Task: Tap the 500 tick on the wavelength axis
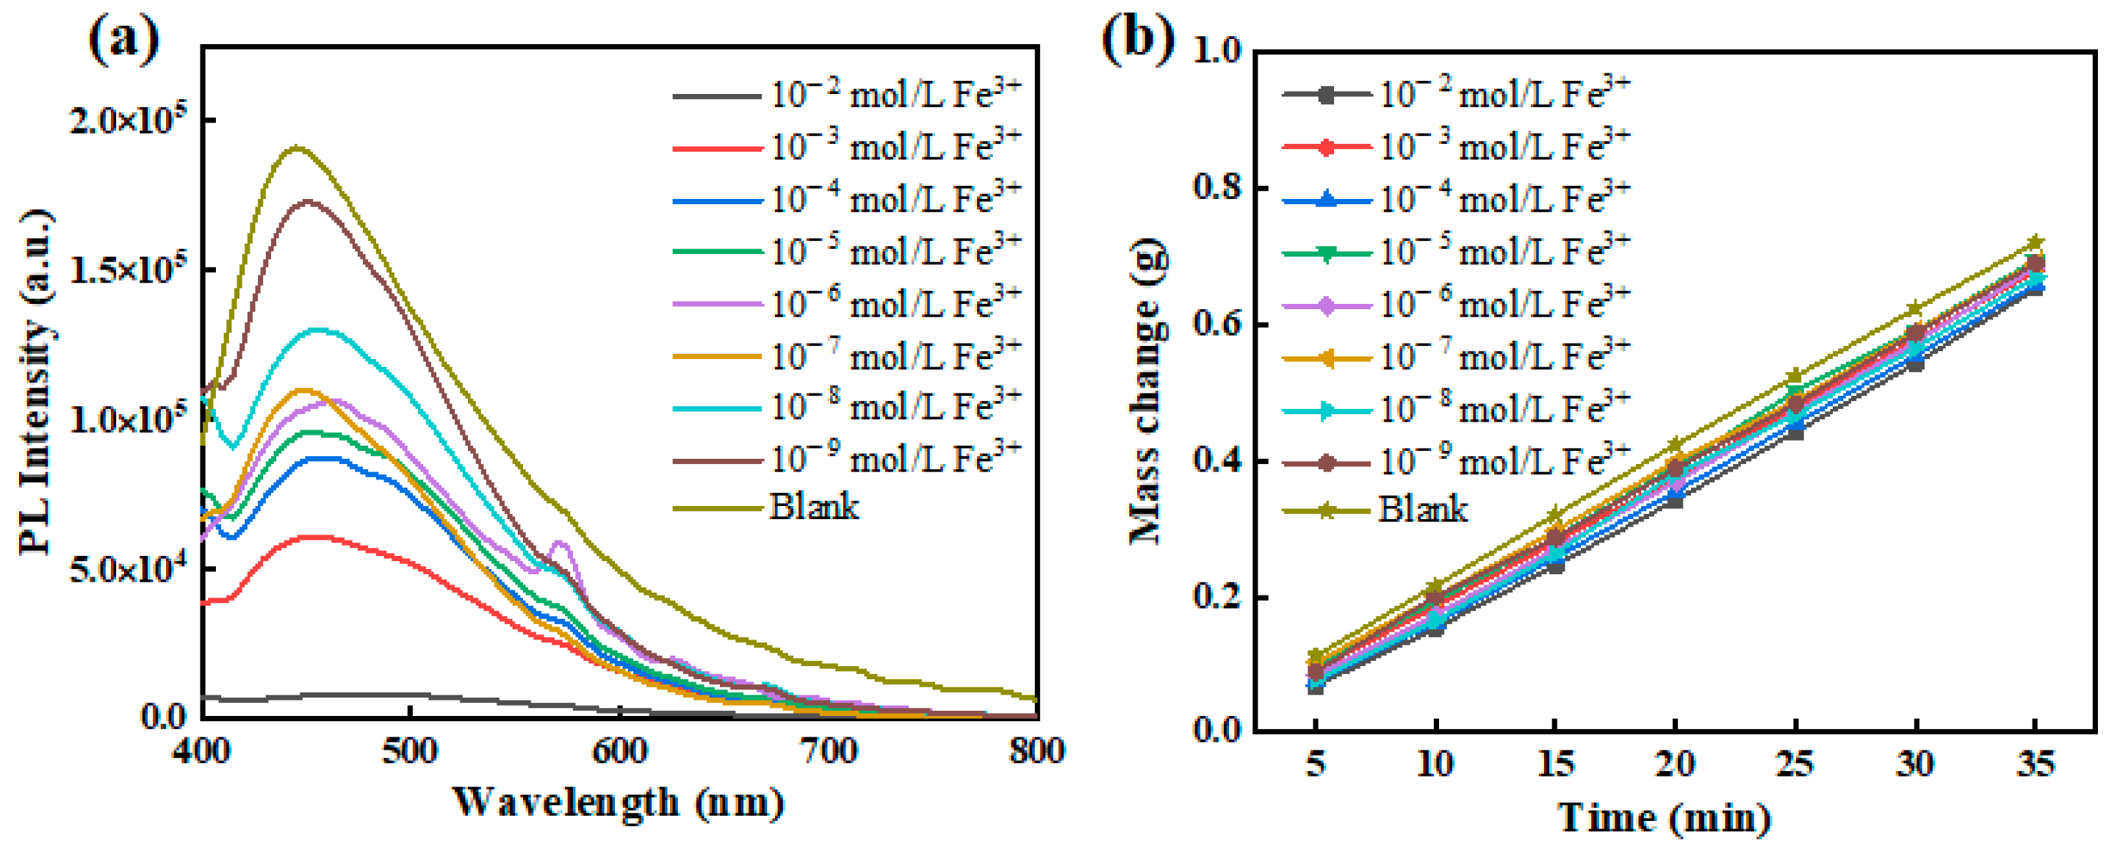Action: coord(409,751)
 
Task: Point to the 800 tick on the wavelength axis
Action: coord(1037,751)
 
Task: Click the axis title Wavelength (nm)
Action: coord(618,803)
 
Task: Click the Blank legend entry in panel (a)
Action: coord(814,507)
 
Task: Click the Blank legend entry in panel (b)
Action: coord(1423,510)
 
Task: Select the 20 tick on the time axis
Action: coord(1675,764)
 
